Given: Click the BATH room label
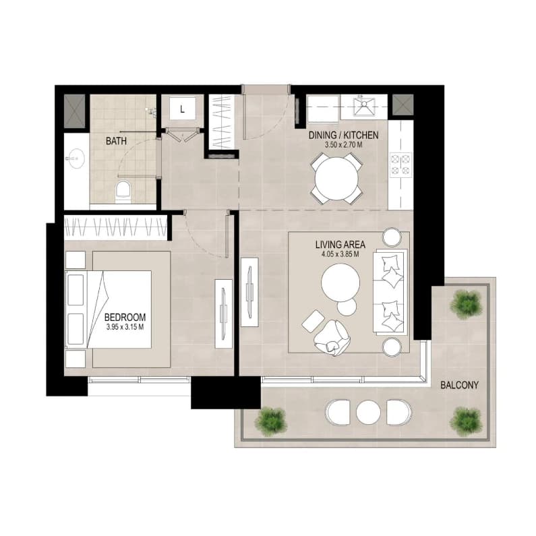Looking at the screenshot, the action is tap(116, 141).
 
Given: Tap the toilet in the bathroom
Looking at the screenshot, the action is tap(123, 192).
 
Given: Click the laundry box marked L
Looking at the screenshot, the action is tap(183, 109).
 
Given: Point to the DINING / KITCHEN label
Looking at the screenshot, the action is tap(344, 135).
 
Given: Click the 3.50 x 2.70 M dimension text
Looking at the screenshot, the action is tap(344, 144).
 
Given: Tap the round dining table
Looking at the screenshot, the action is tap(336, 178).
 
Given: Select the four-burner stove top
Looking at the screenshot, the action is tap(400, 165).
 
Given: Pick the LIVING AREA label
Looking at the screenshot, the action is tap(340, 245).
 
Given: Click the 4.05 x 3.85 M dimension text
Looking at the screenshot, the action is tap(340, 254).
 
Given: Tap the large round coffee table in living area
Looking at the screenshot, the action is tap(340, 283).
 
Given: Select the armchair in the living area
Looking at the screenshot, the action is tap(332, 338).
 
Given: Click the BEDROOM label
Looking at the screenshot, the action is tap(125, 318).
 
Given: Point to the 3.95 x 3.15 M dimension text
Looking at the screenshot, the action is tap(125, 327).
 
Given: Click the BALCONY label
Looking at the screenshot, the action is tap(459, 385).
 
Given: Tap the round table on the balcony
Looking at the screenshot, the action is tap(368, 412).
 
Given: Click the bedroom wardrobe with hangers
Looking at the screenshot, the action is tap(115, 227).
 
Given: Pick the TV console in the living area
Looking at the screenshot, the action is tap(249, 292).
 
